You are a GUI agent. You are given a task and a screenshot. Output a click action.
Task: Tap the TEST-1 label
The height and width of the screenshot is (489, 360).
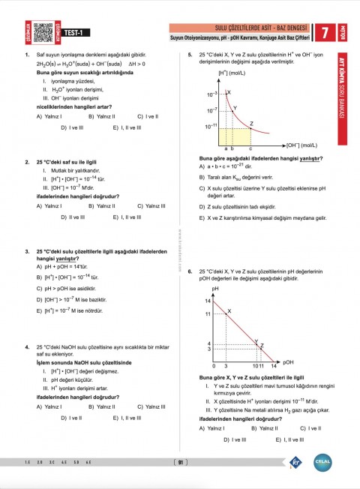[73, 32]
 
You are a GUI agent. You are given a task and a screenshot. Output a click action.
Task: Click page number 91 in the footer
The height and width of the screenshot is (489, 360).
[179, 463]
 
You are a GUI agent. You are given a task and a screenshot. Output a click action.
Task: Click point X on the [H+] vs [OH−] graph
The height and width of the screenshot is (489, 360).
[229, 93]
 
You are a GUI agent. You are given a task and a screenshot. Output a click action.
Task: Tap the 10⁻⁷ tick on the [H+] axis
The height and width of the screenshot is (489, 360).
[212, 110]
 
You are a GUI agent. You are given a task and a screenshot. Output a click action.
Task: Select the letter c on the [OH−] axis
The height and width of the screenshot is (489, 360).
[250, 149]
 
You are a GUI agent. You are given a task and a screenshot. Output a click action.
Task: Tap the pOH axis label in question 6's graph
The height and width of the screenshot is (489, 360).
[289, 361]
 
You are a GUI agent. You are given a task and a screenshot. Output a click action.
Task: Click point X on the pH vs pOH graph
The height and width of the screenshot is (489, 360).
[229, 310]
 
